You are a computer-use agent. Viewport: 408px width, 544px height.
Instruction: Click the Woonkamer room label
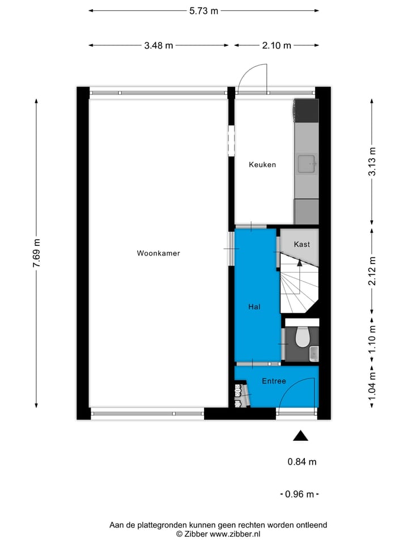tap(158, 253)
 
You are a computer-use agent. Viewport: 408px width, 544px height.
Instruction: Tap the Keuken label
tap(262, 165)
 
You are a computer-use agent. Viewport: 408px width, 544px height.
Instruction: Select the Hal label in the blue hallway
tap(254, 307)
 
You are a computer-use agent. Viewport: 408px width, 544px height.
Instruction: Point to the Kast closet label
tap(301, 244)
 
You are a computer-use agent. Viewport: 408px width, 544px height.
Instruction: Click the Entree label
tap(274, 381)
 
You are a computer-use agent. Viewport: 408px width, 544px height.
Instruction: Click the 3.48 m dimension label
tap(159, 45)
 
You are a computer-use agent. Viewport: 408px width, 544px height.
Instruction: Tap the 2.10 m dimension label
tap(277, 45)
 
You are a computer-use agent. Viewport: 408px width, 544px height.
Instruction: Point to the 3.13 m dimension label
tap(372, 161)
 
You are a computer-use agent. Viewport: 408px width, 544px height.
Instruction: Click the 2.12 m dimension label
tap(372, 271)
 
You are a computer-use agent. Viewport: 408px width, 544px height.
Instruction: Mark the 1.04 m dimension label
tap(372, 387)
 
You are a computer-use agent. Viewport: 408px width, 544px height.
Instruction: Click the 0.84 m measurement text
tap(302, 462)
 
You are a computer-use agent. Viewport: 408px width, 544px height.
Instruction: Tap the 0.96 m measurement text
tap(300, 494)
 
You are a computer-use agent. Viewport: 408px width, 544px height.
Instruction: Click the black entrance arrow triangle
tap(300, 435)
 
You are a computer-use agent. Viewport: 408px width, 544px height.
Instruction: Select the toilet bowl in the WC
tap(302, 337)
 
